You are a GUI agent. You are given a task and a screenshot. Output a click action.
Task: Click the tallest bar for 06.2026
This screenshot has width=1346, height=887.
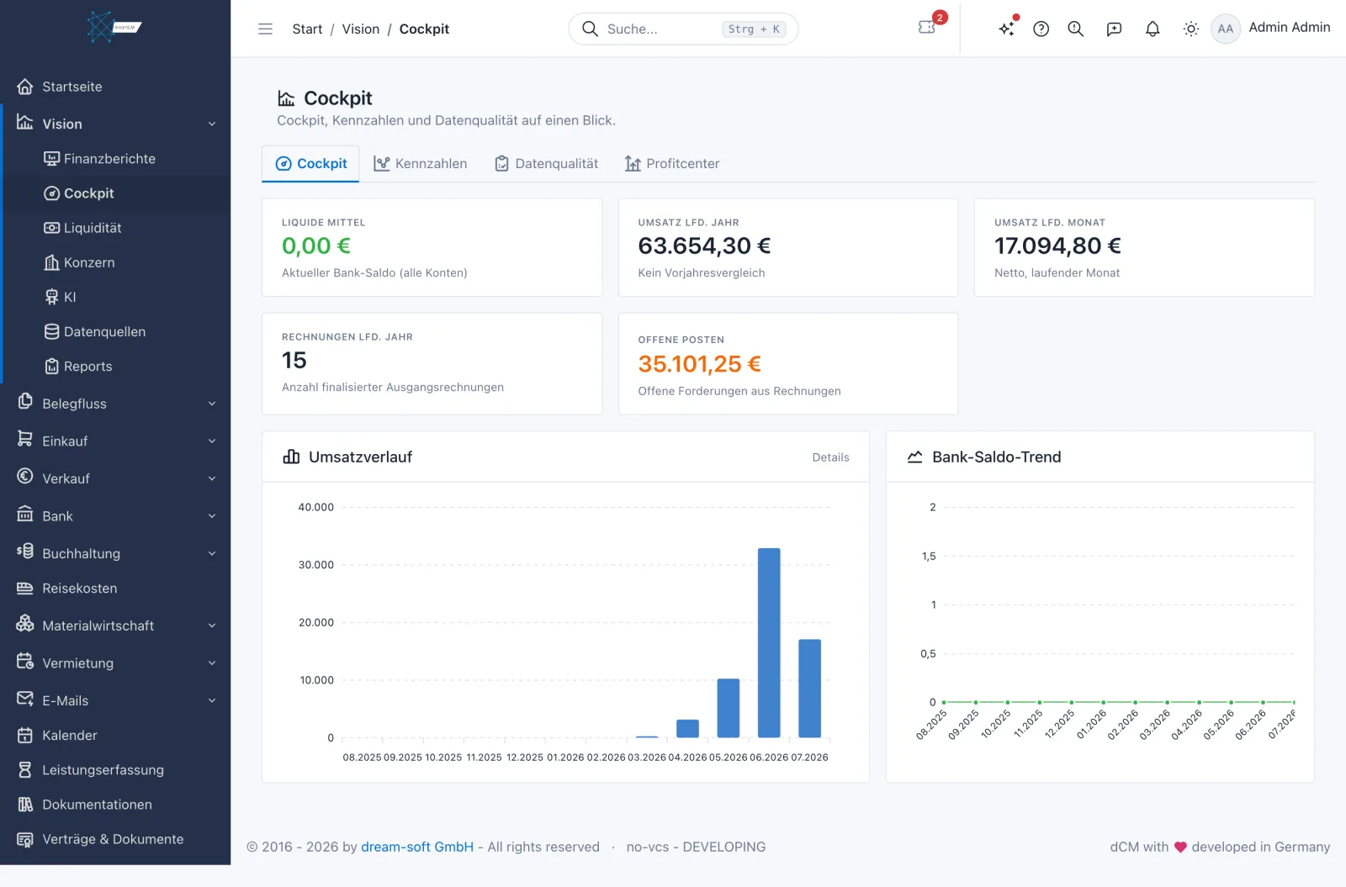(x=769, y=642)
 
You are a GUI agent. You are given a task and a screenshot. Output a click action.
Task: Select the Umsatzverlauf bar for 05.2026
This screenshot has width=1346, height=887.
(x=729, y=708)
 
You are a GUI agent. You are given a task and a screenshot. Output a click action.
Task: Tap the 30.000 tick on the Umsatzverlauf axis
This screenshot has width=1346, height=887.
(x=316, y=564)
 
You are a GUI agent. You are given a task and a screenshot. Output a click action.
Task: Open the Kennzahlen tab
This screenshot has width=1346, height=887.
(x=420, y=163)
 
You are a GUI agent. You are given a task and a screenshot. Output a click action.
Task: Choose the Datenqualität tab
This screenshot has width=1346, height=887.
(x=546, y=163)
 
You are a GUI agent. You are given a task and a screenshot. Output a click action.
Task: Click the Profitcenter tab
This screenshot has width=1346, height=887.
(x=672, y=163)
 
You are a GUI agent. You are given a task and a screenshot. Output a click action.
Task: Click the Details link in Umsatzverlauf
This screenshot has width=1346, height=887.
(x=830, y=457)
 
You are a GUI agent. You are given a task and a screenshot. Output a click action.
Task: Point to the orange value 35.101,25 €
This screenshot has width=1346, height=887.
(x=699, y=363)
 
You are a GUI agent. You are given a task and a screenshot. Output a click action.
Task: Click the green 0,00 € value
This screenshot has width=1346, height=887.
(x=316, y=246)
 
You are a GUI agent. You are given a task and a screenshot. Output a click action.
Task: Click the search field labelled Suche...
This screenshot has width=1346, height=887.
(x=683, y=29)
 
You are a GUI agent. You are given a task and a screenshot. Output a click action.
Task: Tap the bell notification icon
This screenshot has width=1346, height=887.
(x=1152, y=29)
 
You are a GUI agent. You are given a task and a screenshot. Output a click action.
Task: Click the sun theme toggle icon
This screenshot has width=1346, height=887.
(x=1190, y=29)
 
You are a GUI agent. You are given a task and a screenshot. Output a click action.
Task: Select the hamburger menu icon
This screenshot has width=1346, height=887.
(x=265, y=29)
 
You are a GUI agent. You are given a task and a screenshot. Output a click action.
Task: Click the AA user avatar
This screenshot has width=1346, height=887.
(x=1225, y=29)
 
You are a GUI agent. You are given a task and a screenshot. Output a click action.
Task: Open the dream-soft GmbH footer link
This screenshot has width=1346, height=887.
(x=417, y=847)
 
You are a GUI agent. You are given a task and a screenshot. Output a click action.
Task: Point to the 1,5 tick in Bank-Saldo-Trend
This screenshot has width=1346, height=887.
(x=929, y=556)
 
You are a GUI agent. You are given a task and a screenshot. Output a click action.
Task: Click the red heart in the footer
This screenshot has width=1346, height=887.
(x=1180, y=847)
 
